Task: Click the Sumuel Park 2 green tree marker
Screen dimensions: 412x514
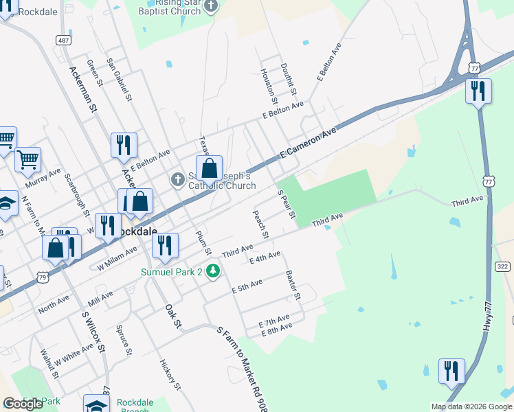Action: click(x=213, y=272)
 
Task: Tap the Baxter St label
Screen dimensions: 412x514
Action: click(x=293, y=285)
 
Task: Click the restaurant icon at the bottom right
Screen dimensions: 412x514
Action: click(x=451, y=371)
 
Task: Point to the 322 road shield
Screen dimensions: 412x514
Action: click(x=502, y=266)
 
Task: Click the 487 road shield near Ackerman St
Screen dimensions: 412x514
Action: click(x=63, y=41)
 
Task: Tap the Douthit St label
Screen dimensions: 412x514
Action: click(x=287, y=79)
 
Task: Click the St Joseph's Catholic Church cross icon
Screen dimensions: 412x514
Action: click(x=177, y=180)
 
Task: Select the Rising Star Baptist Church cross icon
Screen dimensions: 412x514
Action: click(x=212, y=6)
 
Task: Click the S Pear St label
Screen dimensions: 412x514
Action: click(x=285, y=205)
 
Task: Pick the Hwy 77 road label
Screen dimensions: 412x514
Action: click(x=488, y=323)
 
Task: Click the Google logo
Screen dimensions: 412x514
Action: click(x=23, y=404)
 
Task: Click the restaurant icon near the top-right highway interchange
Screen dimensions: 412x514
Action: click(x=478, y=91)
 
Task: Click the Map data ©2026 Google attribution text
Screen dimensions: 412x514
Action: click(x=471, y=407)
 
